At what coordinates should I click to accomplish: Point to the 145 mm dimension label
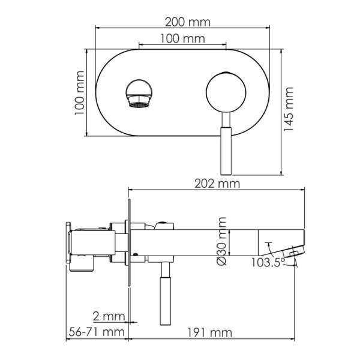coord(289,112)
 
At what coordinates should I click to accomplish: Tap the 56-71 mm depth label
coord(95,332)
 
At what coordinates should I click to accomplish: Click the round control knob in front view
coord(226,93)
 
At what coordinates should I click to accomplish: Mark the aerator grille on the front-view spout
coord(139,104)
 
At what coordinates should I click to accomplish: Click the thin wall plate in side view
coord(128,246)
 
